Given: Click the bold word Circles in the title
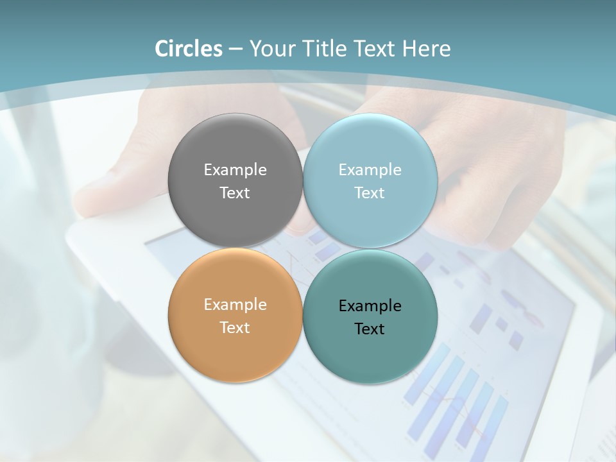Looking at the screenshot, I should pos(188,49).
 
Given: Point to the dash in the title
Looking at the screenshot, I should pos(235,49).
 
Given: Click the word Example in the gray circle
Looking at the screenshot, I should pos(235,170).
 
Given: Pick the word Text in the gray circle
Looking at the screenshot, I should pos(235,193).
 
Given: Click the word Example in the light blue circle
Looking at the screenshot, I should pos(370,170).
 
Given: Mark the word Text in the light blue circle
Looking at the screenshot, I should pos(370,193).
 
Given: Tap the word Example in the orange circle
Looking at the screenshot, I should pos(235,305).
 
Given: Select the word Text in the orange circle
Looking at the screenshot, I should pos(235,327).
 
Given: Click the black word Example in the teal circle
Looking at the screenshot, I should pos(370,306).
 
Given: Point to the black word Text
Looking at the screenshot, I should pos(370,329).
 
